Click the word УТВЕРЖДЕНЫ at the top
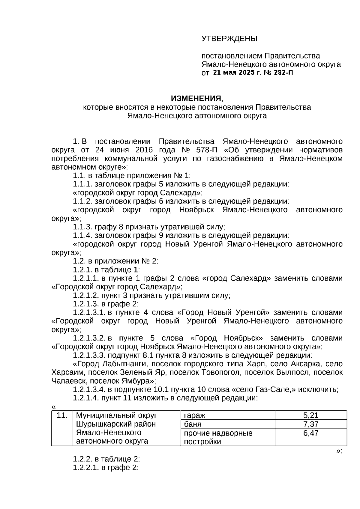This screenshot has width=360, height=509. coord(229,39)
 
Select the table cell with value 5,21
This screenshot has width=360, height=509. coord(310,415)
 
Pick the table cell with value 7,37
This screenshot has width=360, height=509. coord(310,424)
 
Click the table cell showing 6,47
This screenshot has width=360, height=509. coord(310,433)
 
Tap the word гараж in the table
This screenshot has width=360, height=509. coord(194,415)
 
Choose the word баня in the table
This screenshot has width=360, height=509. coord(193,424)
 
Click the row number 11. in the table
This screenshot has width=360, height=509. coord(62,415)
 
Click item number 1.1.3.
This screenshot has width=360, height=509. coord(82,227)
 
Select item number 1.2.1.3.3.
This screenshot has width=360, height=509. coord(89,356)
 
